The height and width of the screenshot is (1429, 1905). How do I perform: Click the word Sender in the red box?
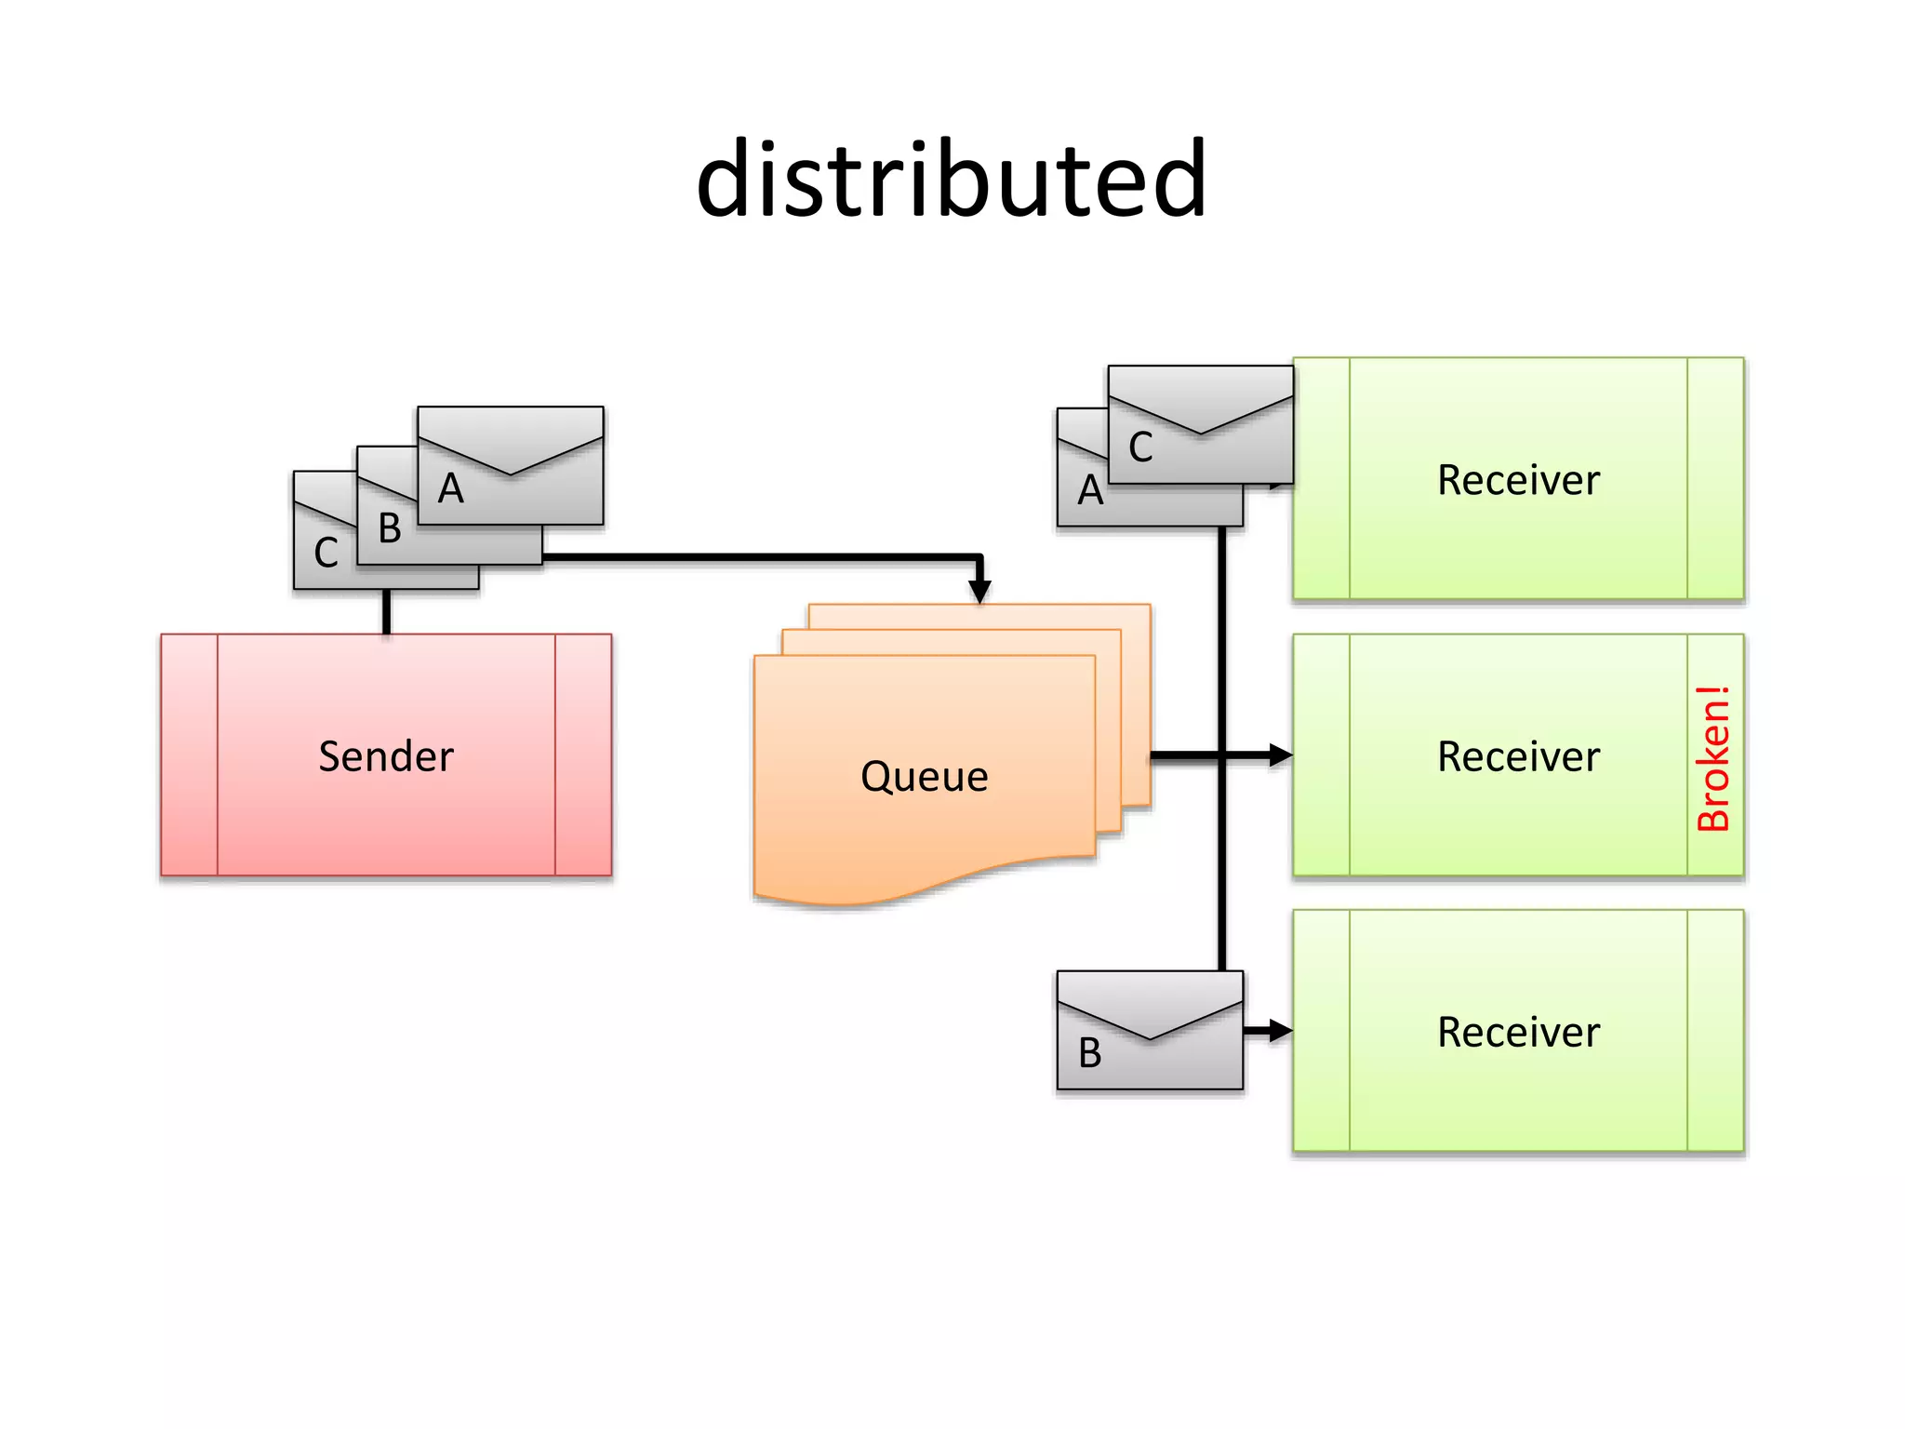(385, 755)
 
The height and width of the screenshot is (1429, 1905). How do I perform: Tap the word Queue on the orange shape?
(924, 776)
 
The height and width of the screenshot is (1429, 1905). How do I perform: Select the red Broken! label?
(1713, 757)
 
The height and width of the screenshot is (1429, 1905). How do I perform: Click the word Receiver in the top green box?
(1518, 480)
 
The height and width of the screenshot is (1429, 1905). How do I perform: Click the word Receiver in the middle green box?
(1518, 756)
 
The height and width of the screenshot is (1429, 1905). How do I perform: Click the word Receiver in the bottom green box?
(1518, 1032)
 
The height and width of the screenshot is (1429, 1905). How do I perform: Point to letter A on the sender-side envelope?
(451, 488)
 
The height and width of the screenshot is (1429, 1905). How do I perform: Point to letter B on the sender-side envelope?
(390, 528)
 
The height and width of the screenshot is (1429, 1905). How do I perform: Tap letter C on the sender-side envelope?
(326, 553)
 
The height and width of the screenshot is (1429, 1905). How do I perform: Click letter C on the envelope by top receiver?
(1140, 447)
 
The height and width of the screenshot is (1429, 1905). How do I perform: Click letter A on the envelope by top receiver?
(1090, 490)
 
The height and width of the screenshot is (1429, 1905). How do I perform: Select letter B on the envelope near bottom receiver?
(1089, 1053)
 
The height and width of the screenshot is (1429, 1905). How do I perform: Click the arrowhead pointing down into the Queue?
(979, 591)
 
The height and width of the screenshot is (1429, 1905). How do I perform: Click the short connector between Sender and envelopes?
(386, 611)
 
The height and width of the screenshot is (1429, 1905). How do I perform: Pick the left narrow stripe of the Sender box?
(189, 755)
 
